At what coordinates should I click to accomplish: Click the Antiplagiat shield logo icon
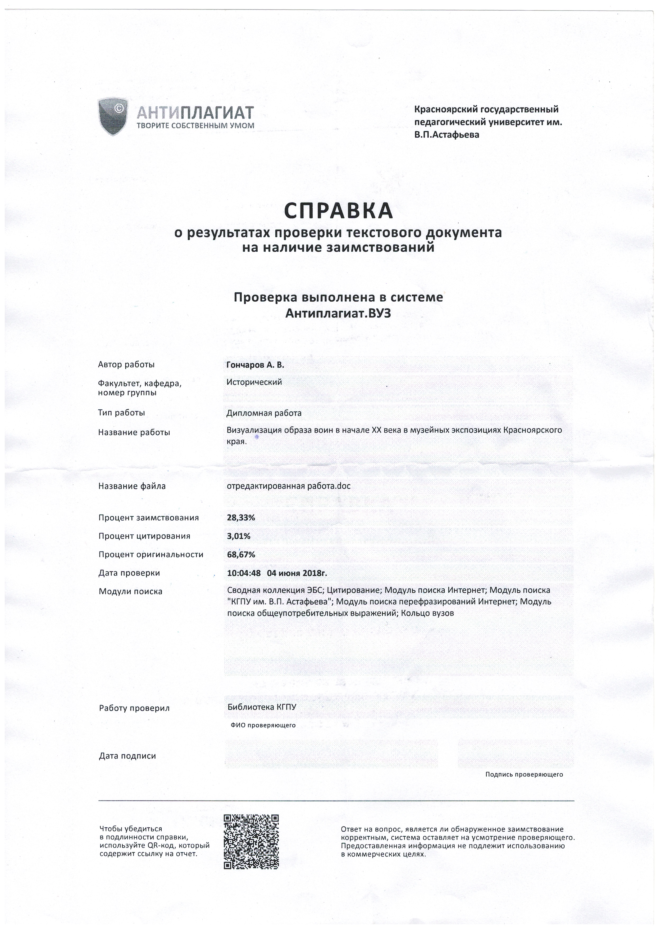click(x=113, y=116)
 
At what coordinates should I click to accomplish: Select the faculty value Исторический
click(x=254, y=382)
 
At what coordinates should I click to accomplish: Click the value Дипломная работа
click(x=264, y=413)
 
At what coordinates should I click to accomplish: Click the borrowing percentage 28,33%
click(x=241, y=517)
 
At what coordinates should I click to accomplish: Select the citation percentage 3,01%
click(x=239, y=536)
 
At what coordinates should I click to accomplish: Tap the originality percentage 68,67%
click(x=241, y=554)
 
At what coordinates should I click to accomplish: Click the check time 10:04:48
click(x=244, y=573)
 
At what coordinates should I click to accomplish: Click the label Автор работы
click(x=126, y=365)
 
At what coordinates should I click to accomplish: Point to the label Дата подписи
click(x=127, y=756)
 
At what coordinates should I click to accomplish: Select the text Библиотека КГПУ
click(x=262, y=707)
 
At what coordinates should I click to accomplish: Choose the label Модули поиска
click(x=130, y=592)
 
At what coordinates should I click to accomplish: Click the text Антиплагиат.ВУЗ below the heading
click(x=338, y=314)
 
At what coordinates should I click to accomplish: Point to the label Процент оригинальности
click(x=151, y=554)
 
